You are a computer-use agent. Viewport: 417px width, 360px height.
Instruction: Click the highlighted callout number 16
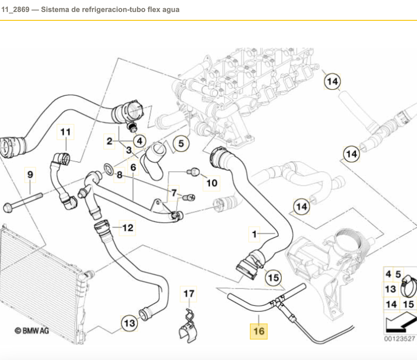coord(259,331)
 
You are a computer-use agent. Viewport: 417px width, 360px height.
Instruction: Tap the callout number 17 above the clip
coord(189,294)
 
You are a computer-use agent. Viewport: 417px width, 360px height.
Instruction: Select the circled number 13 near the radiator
coord(129,323)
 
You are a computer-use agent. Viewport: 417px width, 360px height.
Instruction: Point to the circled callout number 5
coord(181,144)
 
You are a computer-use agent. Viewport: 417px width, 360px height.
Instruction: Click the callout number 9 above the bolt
coord(30,175)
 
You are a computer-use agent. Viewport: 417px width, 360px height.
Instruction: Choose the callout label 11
coord(66,132)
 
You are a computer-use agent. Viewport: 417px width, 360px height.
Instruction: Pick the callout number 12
coord(128,228)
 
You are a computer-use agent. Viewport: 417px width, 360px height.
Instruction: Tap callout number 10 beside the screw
coord(212,183)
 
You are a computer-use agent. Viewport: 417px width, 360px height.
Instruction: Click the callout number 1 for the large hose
coord(254,234)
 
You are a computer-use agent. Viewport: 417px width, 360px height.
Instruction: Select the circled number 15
coord(274,278)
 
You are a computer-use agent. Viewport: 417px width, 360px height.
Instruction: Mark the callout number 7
coord(174,193)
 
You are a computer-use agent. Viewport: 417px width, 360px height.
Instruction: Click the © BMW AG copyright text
coord(32,331)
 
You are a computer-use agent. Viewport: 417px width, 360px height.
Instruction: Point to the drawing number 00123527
coord(399,339)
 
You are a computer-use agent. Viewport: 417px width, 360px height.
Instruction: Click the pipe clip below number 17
coord(188,328)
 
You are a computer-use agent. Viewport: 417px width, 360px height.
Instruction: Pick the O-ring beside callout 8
coord(108,169)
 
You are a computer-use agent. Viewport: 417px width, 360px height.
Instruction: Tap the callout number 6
coord(133,167)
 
